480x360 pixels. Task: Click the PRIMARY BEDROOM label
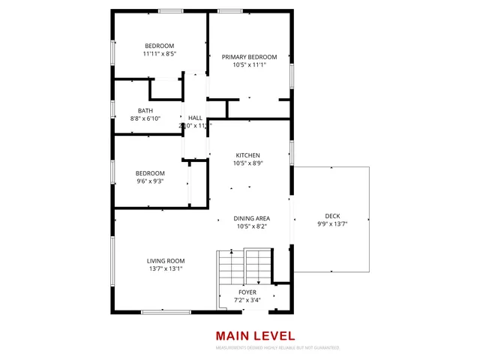(249, 57)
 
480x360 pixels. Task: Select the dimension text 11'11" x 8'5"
(159, 54)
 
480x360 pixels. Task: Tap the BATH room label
(145, 110)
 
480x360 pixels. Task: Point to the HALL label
(195, 118)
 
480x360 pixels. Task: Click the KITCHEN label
(247, 155)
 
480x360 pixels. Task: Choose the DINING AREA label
(251, 218)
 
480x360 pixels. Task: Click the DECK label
(331, 215)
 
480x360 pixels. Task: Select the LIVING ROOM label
(165, 260)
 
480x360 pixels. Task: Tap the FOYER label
(247, 292)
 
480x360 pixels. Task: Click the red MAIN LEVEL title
(255, 336)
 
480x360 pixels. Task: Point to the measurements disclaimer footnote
(277, 348)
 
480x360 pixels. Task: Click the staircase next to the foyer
(244, 267)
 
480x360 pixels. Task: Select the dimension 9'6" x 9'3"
(150, 181)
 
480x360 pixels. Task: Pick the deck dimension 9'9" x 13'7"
(331, 223)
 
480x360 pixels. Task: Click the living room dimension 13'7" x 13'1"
(165, 268)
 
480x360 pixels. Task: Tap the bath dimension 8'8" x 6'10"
(145, 118)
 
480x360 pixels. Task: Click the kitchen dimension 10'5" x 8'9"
(248, 163)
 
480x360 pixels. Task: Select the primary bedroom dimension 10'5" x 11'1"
(249, 65)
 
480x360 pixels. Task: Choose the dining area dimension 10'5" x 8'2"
(251, 226)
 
